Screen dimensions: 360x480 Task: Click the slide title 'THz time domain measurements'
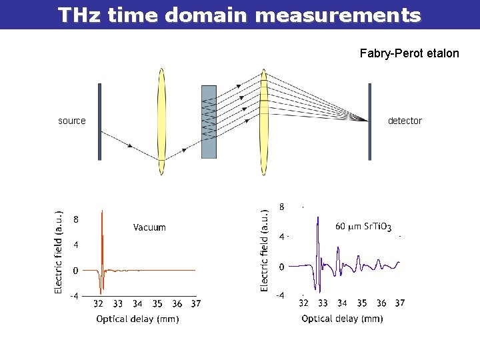pos(239,15)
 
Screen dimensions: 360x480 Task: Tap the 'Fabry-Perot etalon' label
pos(409,53)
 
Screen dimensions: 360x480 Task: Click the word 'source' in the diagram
pos(72,121)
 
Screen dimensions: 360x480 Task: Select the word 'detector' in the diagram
pos(405,121)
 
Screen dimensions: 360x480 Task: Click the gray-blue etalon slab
pos(209,121)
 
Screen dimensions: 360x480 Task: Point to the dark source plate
pos(99,121)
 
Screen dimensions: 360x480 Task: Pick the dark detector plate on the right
pos(370,121)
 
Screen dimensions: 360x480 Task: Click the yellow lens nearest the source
pos(161,121)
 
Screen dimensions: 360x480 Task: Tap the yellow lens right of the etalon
pos(264,121)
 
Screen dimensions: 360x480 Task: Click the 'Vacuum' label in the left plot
pos(149,227)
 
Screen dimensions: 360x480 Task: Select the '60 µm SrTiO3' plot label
pos(363,226)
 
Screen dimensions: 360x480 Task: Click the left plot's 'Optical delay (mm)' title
pos(137,319)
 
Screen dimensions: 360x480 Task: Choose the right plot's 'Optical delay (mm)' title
pos(342,319)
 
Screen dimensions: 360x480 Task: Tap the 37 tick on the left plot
pos(195,304)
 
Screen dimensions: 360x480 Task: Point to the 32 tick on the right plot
pos(303,303)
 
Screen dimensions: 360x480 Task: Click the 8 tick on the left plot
pos(76,219)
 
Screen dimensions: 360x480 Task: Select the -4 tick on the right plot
pos(281,295)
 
